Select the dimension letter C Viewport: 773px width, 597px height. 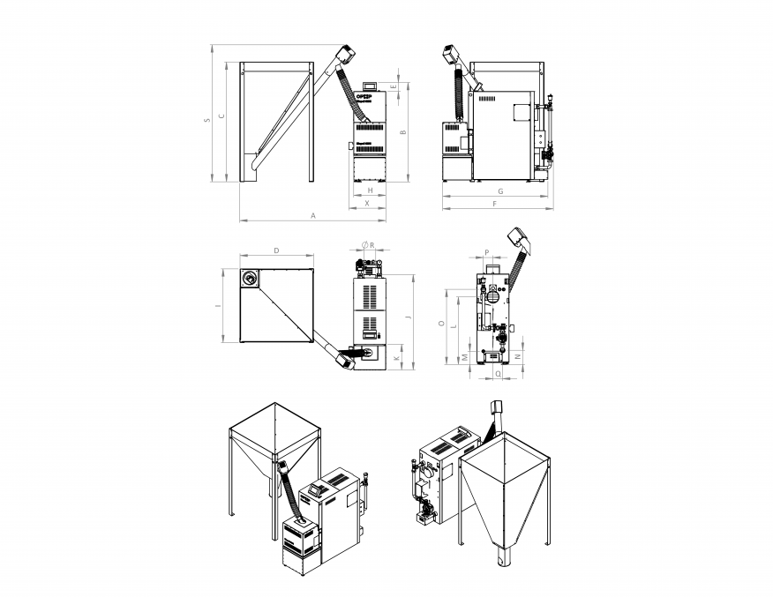(x=221, y=116)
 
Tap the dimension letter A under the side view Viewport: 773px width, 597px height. (x=312, y=215)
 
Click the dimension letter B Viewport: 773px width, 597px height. (x=403, y=132)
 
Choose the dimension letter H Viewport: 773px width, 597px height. (x=370, y=190)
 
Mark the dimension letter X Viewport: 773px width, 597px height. (x=367, y=203)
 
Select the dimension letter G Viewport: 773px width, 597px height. (x=500, y=190)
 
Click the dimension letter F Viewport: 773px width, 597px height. (x=494, y=204)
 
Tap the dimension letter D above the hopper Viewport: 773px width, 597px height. (x=276, y=251)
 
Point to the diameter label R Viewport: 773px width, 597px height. (x=371, y=244)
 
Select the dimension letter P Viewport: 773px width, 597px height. (x=487, y=252)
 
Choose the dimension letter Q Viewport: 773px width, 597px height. (x=499, y=373)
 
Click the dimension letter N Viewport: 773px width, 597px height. (x=517, y=356)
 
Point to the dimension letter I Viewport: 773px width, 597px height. (x=217, y=306)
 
